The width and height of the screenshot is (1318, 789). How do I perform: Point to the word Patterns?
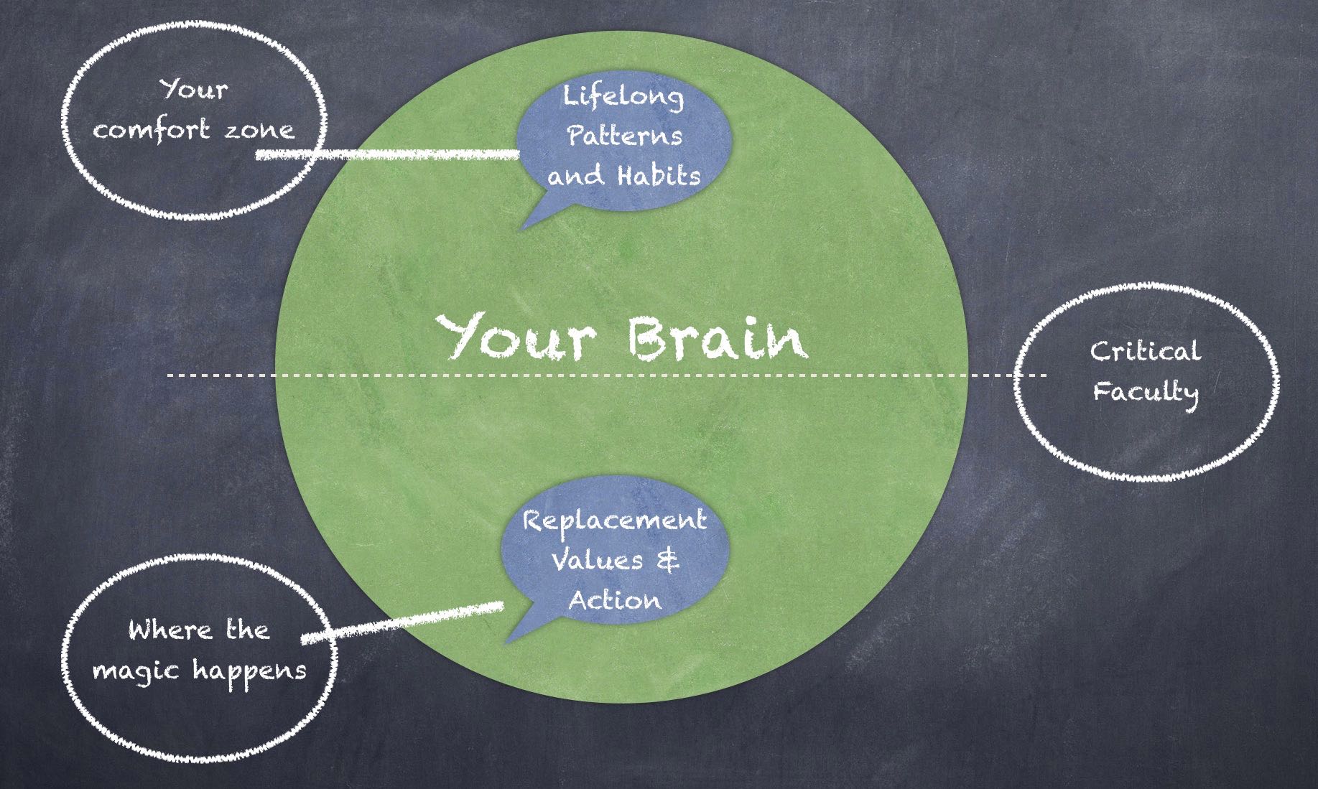[x=624, y=135]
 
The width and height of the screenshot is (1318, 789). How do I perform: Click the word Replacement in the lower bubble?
[x=614, y=521]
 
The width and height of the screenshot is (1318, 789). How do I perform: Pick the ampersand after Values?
[x=668, y=560]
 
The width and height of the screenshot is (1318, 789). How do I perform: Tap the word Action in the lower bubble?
[x=615, y=599]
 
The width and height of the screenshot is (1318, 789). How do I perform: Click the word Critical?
[x=1145, y=351]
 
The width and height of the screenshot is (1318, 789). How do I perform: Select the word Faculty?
[x=1146, y=393]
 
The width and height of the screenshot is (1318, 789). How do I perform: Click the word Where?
[x=170, y=630]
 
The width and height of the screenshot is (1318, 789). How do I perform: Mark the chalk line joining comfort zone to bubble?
[x=388, y=154]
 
